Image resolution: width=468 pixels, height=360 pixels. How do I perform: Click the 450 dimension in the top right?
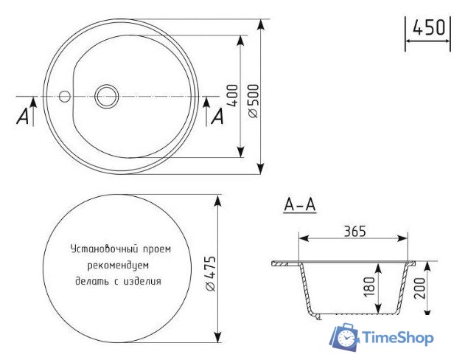428,28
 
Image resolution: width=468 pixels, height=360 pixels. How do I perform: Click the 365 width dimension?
355,230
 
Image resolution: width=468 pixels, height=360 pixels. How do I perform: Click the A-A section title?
300,206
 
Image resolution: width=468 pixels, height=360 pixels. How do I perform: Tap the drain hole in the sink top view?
107,95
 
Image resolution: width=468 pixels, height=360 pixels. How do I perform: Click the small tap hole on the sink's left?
64,96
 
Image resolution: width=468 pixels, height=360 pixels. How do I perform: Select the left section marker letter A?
24,116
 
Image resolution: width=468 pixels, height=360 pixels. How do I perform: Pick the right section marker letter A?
217,116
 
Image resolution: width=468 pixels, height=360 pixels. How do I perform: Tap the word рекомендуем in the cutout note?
118,265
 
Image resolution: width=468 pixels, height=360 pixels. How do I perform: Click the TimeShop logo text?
397,338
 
